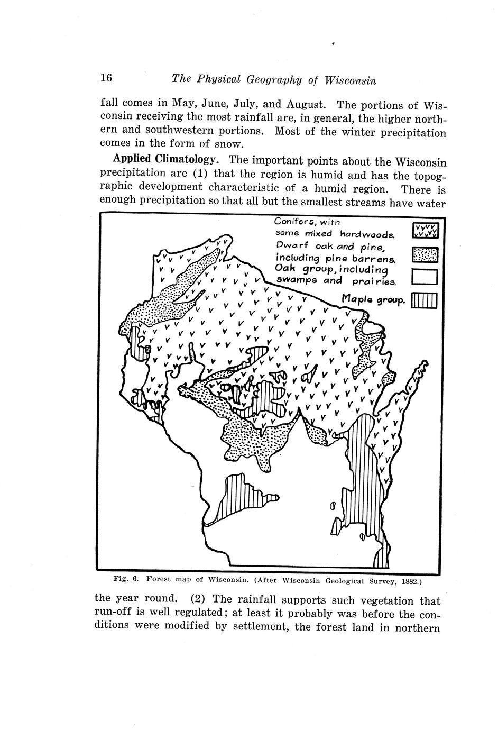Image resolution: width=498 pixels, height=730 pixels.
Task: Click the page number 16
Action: click(106, 78)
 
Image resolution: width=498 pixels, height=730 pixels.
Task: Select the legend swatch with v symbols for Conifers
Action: click(425, 230)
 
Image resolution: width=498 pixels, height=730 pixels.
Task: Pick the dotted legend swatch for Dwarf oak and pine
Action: click(425, 255)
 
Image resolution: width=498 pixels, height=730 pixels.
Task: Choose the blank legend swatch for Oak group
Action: click(425, 277)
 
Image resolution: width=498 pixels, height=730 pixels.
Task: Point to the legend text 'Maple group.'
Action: click(374, 300)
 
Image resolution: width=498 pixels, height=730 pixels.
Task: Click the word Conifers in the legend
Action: click(296, 221)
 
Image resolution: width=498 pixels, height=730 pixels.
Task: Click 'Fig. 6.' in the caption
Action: click(126, 580)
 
